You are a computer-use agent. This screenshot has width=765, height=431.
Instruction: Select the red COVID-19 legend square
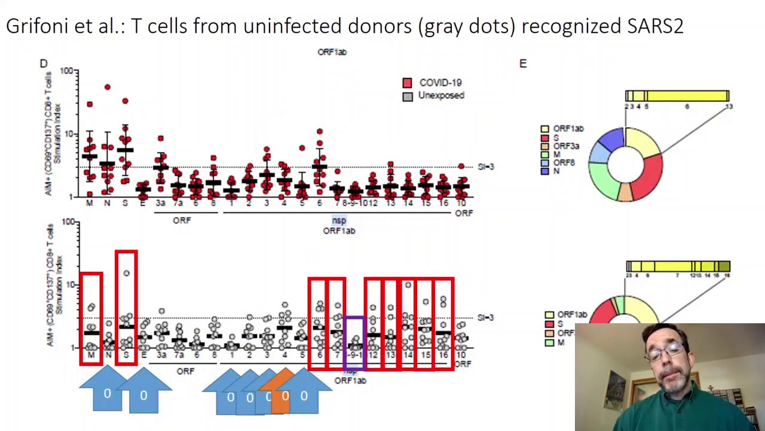pos(407,83)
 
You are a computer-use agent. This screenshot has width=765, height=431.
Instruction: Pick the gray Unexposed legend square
pos(407,96)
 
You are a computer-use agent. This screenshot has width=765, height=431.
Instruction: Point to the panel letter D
pos(44,63)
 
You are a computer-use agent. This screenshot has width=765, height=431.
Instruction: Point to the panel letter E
pos(523,63)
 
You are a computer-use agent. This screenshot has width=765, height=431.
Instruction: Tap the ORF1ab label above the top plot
pos(332,52)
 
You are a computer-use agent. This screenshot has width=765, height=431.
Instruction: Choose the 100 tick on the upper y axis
pos(66,71)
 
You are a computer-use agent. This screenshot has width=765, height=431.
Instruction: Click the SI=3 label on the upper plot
pos(486,166)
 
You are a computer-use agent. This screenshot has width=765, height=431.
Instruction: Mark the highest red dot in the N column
pos(108,87)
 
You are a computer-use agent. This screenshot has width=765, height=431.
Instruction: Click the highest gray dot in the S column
pos(126,274)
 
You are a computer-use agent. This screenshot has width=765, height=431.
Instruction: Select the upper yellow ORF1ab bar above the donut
pos(677,96)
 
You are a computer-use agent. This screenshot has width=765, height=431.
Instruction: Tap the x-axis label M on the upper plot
pos(90,204)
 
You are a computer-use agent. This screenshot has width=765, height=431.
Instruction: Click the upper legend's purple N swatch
pos(544,171)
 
